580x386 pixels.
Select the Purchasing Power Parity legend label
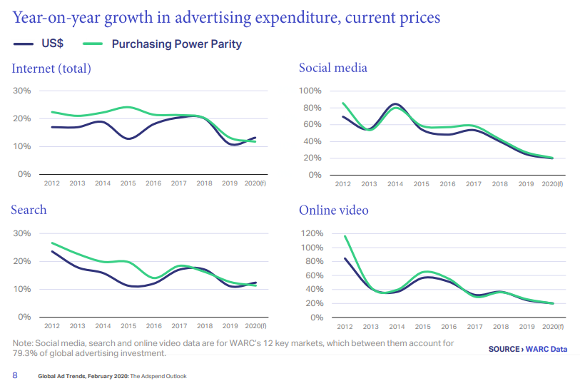176,44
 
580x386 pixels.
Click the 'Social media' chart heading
333,68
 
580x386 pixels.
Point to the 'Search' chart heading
29,210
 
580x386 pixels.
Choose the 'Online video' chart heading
333,210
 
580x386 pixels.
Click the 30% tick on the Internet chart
22,91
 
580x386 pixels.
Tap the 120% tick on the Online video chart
311,233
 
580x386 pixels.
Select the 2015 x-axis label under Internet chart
128,183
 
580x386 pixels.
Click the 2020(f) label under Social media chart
551,183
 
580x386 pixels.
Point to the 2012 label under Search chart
51,326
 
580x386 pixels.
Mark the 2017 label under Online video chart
474,326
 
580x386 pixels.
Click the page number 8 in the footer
14,375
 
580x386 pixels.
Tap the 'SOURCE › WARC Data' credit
528,349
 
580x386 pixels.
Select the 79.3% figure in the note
26,353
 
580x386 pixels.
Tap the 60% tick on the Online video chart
313,275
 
